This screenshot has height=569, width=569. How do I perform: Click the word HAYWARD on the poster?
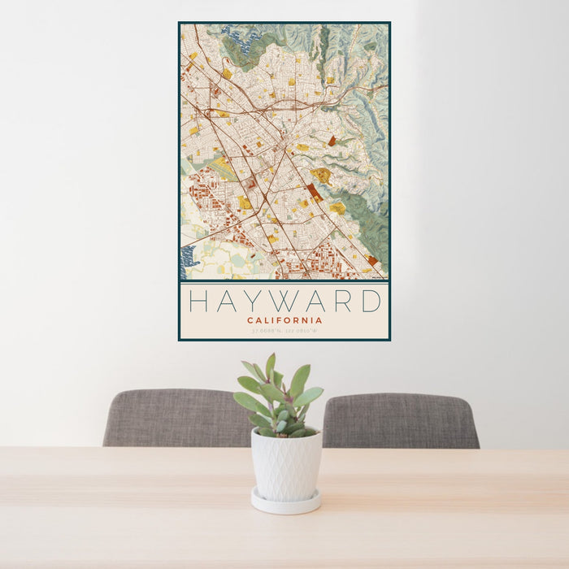click(x=284, y=302)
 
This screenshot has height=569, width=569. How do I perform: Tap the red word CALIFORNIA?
click(x=284, y=320)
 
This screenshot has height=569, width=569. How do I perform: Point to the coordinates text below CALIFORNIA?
click(x=284, y=331)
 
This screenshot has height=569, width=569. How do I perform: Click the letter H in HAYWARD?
click(x=199, y=302)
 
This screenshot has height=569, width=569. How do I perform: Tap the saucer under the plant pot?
click(x=285, y=503)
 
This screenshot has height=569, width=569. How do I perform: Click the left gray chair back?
click(x=175, y=418)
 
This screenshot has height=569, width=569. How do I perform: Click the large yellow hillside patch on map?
click(x=322, y=175)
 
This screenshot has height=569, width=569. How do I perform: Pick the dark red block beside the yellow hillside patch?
click(x=314, y=192)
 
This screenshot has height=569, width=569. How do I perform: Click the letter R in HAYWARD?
click(x=341, y=302)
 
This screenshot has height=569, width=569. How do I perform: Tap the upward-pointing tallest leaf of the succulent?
click(x=270, y=366)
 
